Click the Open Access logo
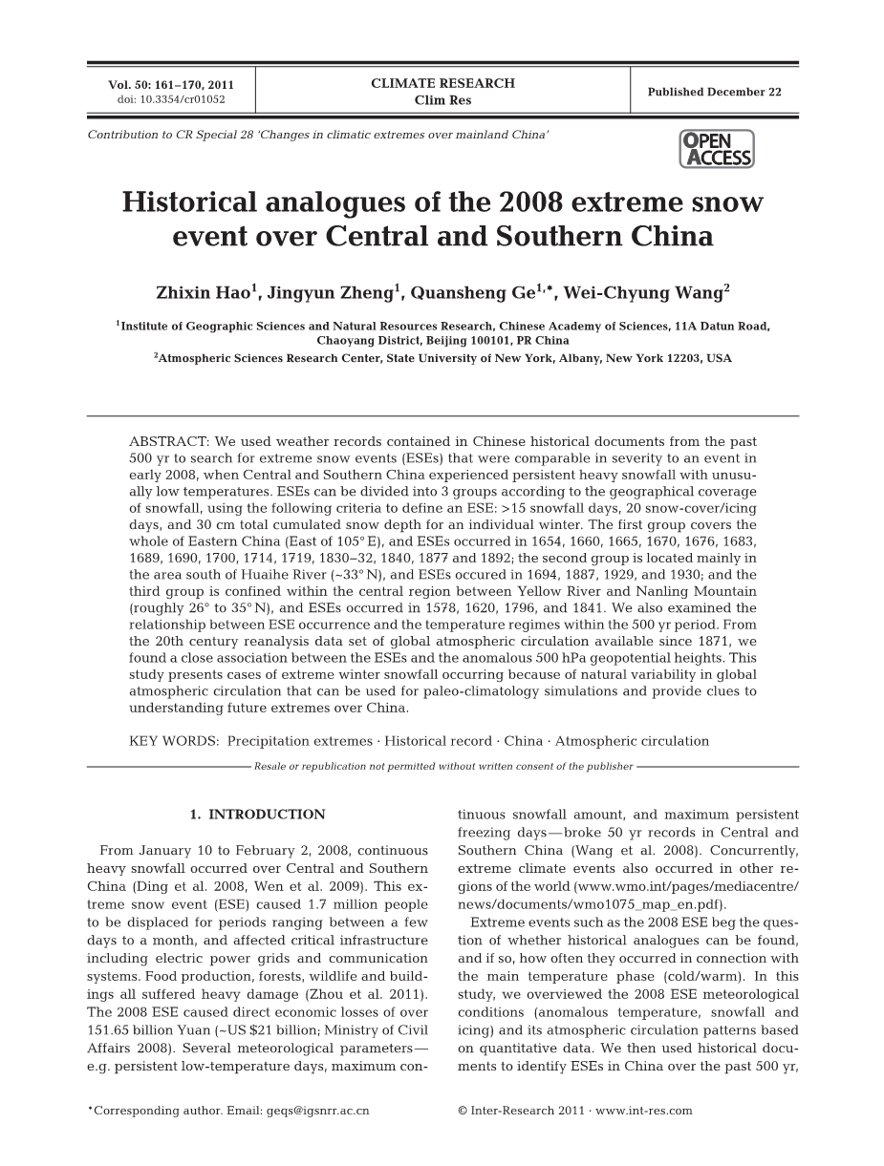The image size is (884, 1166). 717,149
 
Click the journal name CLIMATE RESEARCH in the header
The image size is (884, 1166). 442,83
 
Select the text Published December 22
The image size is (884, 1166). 714,92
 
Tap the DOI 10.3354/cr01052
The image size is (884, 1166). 171,98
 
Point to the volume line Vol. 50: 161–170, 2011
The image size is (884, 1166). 171,84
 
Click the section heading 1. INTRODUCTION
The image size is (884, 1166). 257,815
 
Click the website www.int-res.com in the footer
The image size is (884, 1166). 644,1111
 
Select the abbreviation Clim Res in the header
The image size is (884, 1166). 442,100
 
